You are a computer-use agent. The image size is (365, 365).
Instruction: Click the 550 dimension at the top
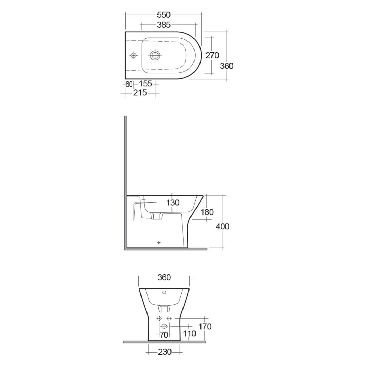click(x=164, y=15)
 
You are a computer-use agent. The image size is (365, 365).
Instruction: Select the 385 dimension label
click(x=164, y=25)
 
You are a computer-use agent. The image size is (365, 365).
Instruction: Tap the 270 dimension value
click(x=212, y=55)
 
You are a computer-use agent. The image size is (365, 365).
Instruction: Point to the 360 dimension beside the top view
click(x=227, y=66)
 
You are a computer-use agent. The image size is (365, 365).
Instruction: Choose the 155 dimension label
click(x=145, y=84)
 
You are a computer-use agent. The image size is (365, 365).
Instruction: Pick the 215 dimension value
click(x=140, y=93)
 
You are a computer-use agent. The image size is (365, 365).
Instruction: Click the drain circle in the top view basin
click(x=155, y=55)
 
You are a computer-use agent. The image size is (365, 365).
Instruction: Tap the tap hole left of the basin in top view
click(x=134, y=55)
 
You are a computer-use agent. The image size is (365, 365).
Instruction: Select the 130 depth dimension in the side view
click(x=173, y=203)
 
